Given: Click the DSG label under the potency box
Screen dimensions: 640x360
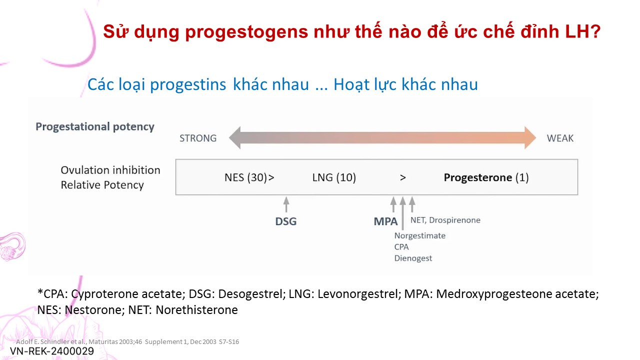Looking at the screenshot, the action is pyautogui.click(x=285, y=221).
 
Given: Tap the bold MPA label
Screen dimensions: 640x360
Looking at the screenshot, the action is pyautogui.click(x=385, y=221).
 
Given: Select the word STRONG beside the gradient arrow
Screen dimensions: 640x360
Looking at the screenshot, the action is pyautogui.click(x=197, y=138).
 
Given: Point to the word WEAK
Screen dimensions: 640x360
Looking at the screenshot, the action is pyautogui.click(x=560, y=138).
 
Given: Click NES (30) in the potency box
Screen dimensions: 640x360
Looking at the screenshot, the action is pyautogui.click(x=246, y=177).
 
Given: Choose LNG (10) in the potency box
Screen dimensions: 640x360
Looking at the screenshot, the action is pyautogui.click(x=334, y=177).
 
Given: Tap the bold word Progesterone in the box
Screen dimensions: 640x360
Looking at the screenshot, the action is pyautogui.click(x=477, y=177).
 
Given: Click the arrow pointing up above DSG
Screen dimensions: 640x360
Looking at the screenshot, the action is pyautogui.click(x=286, y=204).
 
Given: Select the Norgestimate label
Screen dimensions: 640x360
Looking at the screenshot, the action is pyautogui.click(x=419, y=235).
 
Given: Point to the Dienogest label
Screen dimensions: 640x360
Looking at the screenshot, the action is pyautogui.click(x=413, y=258).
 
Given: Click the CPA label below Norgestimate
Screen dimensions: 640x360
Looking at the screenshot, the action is pyautogui.click(x=401, y=247).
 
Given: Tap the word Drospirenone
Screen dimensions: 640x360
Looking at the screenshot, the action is pyautogui.click(x=454, y=220).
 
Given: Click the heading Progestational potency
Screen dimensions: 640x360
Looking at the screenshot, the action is pyautogui.click(x=95, y=127).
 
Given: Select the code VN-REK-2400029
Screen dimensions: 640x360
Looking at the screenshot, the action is pyautogui.click(x=52, y=351).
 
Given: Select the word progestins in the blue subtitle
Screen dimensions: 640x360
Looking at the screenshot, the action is pyautogui.click(x=188, y=85).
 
